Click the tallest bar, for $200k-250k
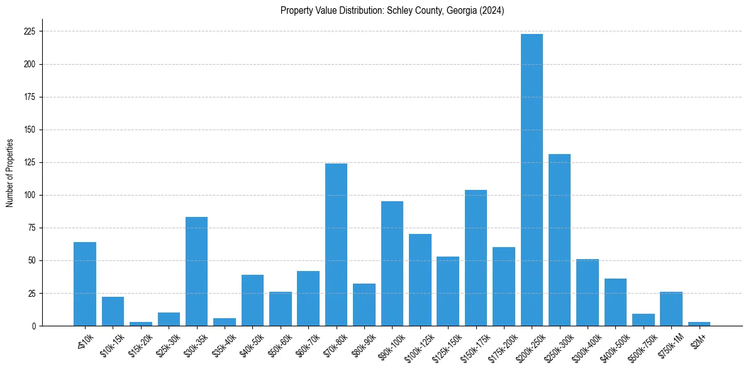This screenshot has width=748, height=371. [532, 180]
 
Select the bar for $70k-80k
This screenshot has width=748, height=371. [337, 245]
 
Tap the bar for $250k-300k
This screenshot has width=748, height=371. [559, 240]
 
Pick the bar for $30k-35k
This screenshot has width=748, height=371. [196, 272]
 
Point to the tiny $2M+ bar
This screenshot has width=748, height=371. [699, 324]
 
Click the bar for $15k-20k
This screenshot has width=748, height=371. [141, 324]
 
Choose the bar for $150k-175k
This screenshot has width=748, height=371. [476, 258]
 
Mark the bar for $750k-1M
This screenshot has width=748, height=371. [671, 309]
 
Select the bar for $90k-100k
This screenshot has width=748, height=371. [392, 263]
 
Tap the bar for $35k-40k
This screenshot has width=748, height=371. [224, 323]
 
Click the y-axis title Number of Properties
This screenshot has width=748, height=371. [9, 173]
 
